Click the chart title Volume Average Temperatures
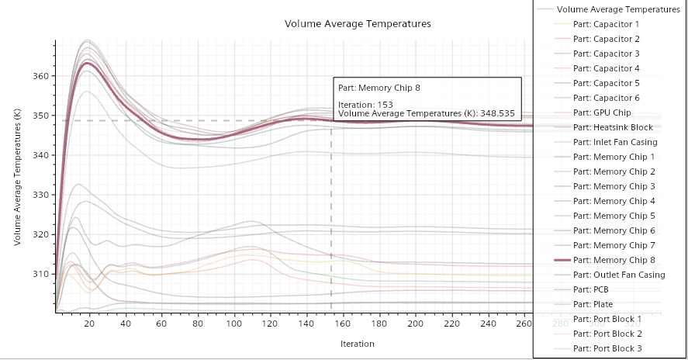tap(358, 24)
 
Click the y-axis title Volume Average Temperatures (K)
tap(17, 178)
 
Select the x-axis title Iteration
tap(357, 343)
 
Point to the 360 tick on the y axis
tap(39, 76)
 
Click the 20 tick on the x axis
tap(90, 324)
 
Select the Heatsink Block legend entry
tap(612, 127)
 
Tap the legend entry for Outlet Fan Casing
tap(618, 275)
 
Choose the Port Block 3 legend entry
tap(607, 348)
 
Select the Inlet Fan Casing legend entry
tap(615, 142)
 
